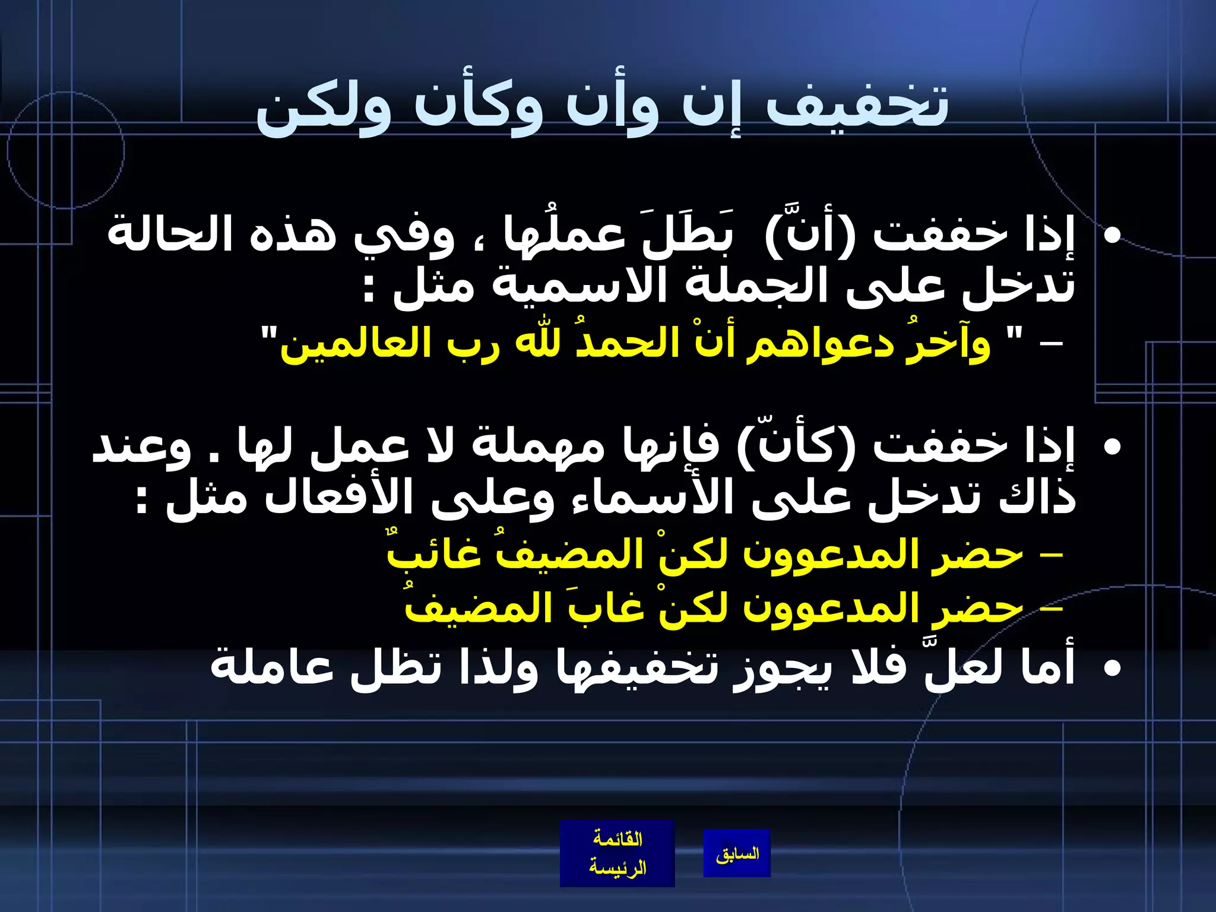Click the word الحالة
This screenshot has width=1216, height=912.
[170, 235]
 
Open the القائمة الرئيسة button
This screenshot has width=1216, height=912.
[617, 853]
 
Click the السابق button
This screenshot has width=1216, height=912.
[737, 853]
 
